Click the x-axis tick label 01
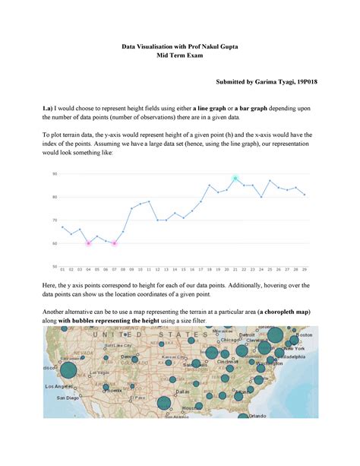click(x=62, y=270)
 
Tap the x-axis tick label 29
click(x=305, y=270)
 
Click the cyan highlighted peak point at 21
click(x=235, y=178)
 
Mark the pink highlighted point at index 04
click(x=88, y=243)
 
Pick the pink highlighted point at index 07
click(x=114, y=243)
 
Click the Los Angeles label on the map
click(x=58, y=386)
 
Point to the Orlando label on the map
click(x=258, y=416)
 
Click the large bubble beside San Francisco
click(x=68, y=370)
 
